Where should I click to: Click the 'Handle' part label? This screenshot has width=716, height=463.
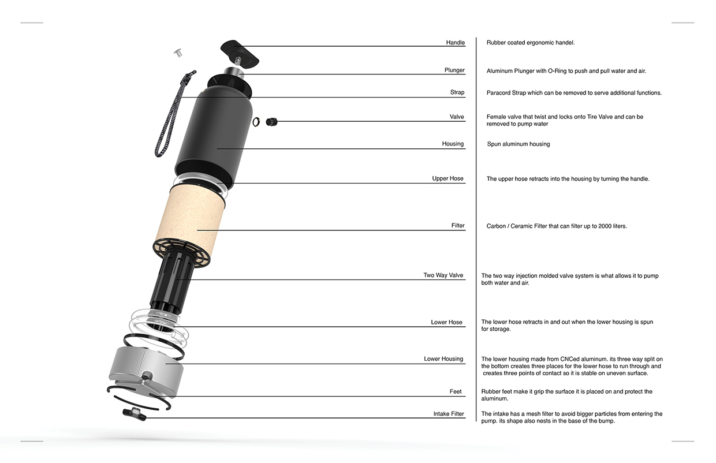coord(455,43)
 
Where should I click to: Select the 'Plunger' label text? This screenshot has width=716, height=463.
coord(454,70)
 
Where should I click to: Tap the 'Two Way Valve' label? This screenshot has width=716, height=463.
coord(443,275)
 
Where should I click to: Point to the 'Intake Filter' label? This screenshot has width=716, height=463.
coord(449,414)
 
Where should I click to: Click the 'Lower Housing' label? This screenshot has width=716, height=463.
coord(443,359)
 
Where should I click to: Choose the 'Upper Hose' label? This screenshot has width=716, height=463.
coord(447,179)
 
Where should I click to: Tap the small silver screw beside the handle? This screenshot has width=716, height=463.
coord(178,53)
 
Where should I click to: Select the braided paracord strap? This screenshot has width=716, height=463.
coord(171,115)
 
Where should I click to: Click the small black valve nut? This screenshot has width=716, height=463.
coord(271,121)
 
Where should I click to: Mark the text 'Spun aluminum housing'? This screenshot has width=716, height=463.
coord(519,144)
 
